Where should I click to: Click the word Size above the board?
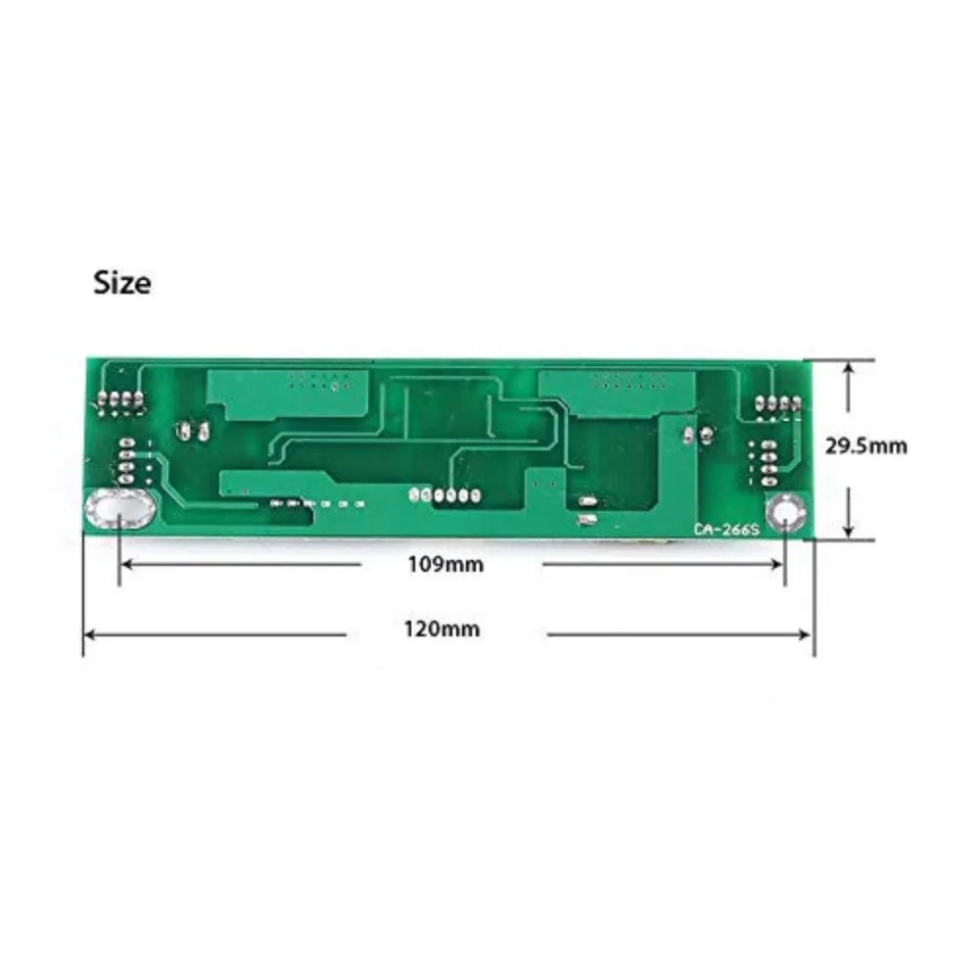point(122,283)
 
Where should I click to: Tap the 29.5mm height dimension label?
point(865,445)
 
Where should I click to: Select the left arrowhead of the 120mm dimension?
point(88,634)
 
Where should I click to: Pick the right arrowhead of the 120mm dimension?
point(809,634)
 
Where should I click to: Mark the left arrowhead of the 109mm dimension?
point(125,565)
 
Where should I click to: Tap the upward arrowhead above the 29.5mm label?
point(848,366)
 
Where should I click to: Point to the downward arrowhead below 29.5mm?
point(848,531)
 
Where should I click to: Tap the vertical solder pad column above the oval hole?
point(127,461)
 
